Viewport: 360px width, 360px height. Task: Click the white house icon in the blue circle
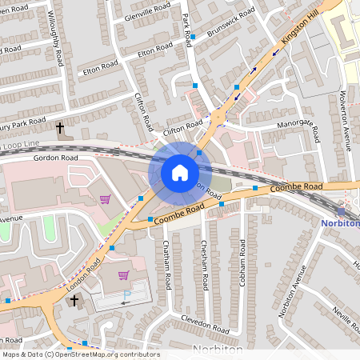pyautogui.click(x=179, y=172)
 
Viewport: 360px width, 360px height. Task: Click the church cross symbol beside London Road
pyautogui.click(x=74, y=301)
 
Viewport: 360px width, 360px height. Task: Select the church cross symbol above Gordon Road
pyautogui.click(x=59, y=127)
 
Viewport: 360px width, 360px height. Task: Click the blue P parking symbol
pyautogui.click(x=126, y=294)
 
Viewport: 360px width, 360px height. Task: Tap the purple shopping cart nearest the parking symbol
pyautogui.click(x=122, y=275)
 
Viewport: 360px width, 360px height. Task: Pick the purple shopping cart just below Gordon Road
pyautogui.click(x=105, y=198)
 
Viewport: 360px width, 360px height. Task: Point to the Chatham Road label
pyautogui.click(x=167, y=264)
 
